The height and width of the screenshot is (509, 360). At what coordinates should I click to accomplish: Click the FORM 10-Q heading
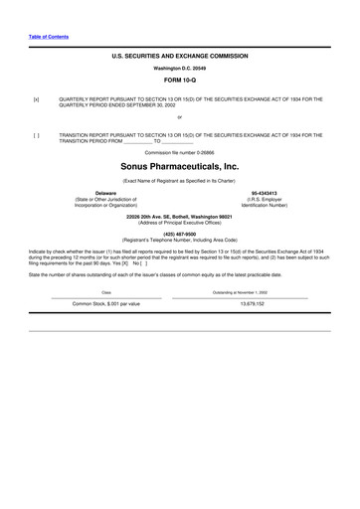coord(179,82)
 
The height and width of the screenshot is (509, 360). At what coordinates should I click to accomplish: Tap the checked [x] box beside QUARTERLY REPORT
coord(36,99)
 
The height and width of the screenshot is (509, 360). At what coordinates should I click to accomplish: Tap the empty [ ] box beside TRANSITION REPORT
coord(36,134)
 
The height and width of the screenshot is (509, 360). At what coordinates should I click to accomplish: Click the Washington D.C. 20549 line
coord(179,69)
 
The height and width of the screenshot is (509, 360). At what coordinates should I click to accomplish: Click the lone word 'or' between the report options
coord(179,117)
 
